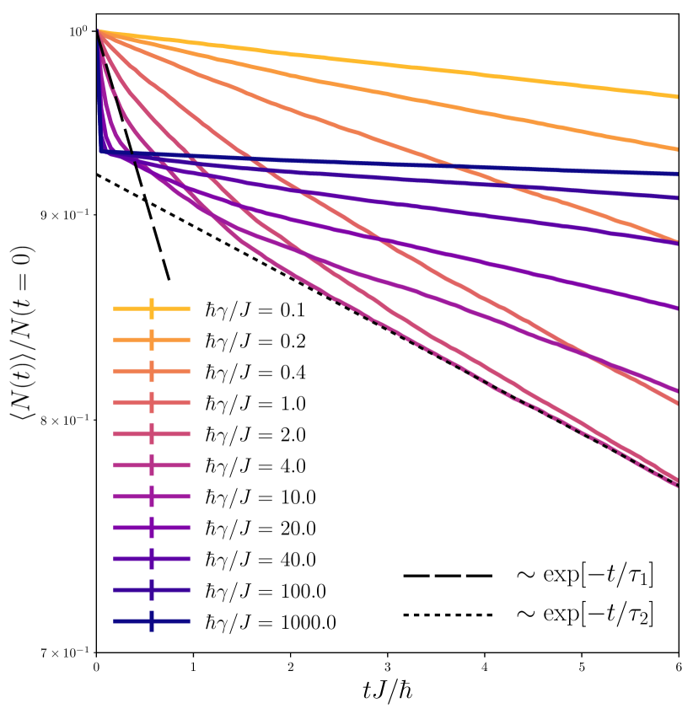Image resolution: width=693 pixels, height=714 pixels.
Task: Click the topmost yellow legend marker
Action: click(152, 309)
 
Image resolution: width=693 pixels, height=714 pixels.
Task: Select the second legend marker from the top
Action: click(152, 340)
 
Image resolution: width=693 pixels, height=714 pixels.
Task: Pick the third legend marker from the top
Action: click(152, 371)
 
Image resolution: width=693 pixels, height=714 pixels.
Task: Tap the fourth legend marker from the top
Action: click(152, 402)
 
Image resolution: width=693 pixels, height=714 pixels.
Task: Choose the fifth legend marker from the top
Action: click(152, 434)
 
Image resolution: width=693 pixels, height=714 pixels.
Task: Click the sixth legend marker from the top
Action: click(152, 465)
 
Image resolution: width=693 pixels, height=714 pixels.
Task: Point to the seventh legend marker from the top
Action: click(152, 497)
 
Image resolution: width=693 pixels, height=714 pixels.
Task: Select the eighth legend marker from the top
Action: click(152, 528)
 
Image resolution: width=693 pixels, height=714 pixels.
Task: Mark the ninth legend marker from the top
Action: click(152, 559)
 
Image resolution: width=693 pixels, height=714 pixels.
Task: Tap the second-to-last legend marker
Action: click(152, 590)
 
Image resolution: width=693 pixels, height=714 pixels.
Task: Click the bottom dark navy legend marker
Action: click(152, 621)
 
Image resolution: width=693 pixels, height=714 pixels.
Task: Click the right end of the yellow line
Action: click(677, 97)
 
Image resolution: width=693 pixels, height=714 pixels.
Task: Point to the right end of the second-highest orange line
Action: click(677, 149)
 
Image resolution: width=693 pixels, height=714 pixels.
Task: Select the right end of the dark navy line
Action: click(677, 174)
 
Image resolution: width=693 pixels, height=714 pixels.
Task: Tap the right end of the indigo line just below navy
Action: click(677, 198)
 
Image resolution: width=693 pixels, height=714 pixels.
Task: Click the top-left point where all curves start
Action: click(99, 30)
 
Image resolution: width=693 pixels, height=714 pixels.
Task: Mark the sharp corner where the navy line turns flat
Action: click(102, 152)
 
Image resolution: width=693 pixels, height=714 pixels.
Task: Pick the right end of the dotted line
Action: click(677, 486)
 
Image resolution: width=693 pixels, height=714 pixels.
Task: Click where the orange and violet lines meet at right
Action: click(675, 243)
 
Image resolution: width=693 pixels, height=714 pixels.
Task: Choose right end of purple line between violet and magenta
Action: click(677, 308)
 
